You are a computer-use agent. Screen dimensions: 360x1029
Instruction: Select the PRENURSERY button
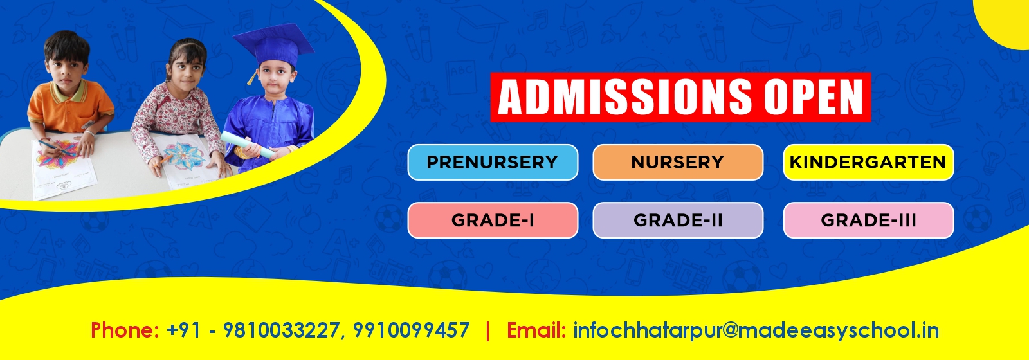(x=493, y=162)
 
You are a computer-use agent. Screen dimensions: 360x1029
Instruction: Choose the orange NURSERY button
(x=678, y=162)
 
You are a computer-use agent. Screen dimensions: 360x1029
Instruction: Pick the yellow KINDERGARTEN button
(x=868, y=162)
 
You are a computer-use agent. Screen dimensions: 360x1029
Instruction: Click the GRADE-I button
(x=493, y=221)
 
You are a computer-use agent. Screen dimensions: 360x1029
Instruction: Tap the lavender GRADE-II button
(x=678, y=221)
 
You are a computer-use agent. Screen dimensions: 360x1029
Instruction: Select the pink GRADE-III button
(x=868, y=221)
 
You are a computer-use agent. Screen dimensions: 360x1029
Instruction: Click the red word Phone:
(x=125, y=330)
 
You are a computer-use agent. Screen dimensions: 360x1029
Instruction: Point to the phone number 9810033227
(x=280, y=330)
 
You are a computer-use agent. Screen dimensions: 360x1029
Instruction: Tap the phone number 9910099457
(x=412, y=330)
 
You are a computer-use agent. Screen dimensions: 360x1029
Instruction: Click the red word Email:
(x=536, y=330)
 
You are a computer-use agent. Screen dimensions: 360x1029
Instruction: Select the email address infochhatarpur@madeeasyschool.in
(x=756, y=330)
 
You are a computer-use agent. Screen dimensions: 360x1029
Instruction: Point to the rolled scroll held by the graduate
(x=248, y=145)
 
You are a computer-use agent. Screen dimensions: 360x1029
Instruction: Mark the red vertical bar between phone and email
(x=487, y=330)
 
